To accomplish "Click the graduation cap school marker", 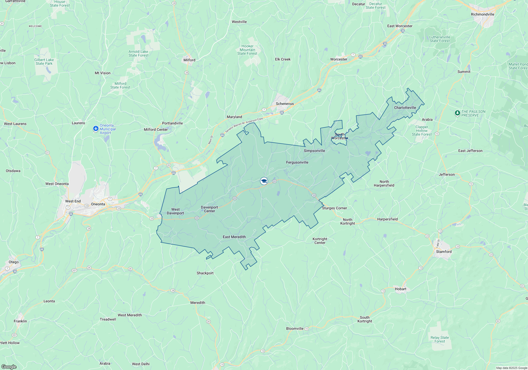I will (x=264, y=181).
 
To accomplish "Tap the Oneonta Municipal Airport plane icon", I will (x=96, y=129).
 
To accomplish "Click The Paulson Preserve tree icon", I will (x=457, y=113).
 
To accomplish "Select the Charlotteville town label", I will (x=405, y=108).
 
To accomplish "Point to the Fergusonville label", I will (x=297, y=162).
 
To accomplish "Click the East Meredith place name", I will (x=234, y=237).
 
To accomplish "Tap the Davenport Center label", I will (x=209, y=209).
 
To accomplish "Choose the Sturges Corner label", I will (x=334, y=208).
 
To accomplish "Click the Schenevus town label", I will (x=285, y=104).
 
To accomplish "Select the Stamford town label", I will (x=444, y=252).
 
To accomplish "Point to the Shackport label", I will (x=205, y=273).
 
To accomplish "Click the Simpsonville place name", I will (x=314, y=151).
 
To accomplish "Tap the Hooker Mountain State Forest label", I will (x=247, y=50).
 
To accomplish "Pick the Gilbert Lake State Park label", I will (x=44, y=62).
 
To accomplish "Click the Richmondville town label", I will (x=482, y=14).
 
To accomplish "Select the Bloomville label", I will (x=295, y=329).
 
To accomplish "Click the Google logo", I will (x=9, y=367).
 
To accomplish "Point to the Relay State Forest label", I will (x=440, y=339).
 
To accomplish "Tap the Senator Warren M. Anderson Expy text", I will (x=244, y=125).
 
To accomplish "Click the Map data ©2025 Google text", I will (x=511, y=368).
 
